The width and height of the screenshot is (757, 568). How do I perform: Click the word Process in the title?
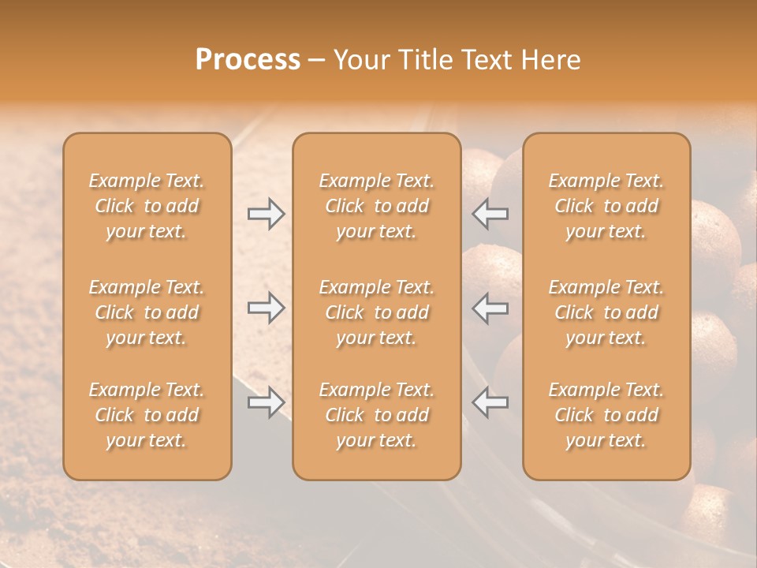point(248,60)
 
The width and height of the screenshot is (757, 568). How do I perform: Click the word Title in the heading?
point(423,60)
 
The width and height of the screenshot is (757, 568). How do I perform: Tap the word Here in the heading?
point(551,60)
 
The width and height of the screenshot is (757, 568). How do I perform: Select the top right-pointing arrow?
point(267,214)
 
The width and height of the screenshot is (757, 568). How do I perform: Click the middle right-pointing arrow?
point(267,308)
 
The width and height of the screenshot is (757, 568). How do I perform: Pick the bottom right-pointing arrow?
point(267,402)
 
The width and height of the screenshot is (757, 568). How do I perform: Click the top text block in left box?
point(147,206)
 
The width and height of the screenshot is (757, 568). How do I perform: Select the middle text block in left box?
point(147,312)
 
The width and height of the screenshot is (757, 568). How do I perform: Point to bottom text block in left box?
point(147,415)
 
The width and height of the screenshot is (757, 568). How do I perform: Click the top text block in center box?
point(376,206)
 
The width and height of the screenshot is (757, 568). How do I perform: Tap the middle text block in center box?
point(376,312)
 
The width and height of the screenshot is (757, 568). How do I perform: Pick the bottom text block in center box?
point(376,415)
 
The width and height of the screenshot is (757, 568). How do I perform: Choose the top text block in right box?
point(606,206)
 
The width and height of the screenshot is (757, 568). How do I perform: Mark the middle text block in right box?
point(606,312)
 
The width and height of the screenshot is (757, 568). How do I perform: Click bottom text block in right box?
point(606,415)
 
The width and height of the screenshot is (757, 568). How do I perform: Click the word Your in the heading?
point(362,60)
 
